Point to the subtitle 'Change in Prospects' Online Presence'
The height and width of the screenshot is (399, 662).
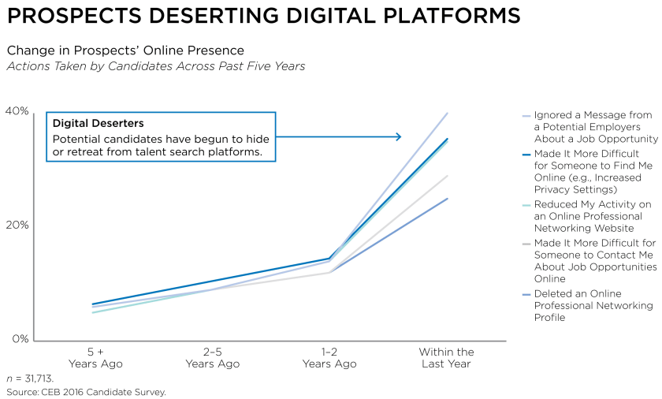(x=125, y=50)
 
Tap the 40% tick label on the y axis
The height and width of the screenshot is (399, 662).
(x=17, y=111)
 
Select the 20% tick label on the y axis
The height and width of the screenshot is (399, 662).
(x=17, y=225)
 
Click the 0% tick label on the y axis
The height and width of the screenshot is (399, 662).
(x=20, y=339)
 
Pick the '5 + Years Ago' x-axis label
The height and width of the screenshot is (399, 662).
(x=95, y=358)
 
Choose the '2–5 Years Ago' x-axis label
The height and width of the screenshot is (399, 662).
(x=212, y=358)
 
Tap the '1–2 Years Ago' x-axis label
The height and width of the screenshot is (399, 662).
(x=329, y=358)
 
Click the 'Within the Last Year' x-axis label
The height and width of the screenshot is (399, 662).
(x=446, y=358)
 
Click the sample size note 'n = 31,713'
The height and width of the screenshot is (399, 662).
(x=30, y=378)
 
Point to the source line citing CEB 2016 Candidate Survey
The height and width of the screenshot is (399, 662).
(x=86, y=391)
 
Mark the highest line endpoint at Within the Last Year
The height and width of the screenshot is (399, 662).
(x=448, y=113)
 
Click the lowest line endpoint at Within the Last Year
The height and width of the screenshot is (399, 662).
(x=448, y=199)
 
